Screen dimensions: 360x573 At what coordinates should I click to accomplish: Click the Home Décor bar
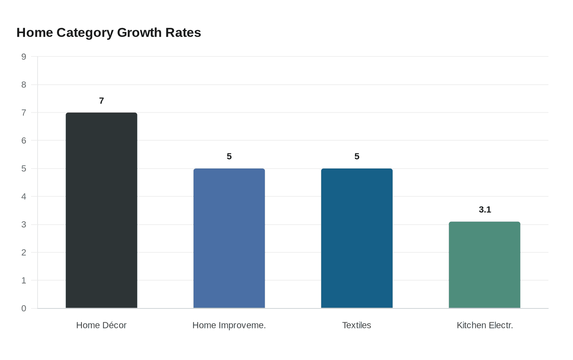(102, 210)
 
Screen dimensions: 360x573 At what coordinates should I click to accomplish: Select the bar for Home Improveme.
(229, 238)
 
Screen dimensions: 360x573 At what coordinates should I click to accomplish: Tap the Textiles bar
(357, 238)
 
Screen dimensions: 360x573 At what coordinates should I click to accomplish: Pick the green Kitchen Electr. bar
(485, 265)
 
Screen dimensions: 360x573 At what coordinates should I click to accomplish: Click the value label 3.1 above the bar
(485, 210)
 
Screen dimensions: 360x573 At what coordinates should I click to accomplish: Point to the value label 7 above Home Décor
(102, 101)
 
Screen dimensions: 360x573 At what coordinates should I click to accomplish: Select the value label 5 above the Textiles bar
(357, 157)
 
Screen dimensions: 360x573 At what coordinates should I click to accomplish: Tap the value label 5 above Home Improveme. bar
(229, 157)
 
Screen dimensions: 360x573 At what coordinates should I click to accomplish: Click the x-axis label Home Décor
(102, 325)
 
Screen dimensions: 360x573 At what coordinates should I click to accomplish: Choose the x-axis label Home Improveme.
(229, 325)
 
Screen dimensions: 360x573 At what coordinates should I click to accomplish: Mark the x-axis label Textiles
(357, 325)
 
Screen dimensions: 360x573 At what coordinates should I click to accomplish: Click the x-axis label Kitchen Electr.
(485, 325)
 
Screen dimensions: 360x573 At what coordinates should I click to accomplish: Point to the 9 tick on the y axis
(24, 57)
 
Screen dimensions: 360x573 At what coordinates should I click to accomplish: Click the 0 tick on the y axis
(24, 308)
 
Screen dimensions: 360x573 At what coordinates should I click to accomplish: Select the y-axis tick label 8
(24, 85)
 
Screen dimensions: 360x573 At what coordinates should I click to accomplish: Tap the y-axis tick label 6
(24, 141)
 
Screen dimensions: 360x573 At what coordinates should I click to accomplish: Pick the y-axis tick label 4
(24, 197)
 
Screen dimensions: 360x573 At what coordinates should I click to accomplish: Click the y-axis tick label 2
(24, 252)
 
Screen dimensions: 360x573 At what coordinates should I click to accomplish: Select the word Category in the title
(85, 33)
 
